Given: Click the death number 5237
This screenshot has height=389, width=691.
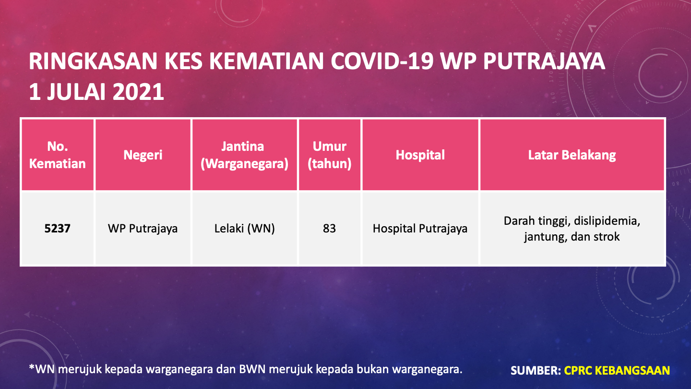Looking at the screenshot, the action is [58, 229].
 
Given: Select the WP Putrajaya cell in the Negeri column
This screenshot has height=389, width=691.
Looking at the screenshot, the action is [143, 229].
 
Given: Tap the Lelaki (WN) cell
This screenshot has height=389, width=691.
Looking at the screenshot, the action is [245, 229].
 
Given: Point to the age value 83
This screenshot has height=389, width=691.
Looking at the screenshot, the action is [330, 229].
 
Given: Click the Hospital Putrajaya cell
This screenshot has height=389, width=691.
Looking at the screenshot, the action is [420, 229].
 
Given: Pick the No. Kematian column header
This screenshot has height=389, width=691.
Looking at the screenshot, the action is [58, 155].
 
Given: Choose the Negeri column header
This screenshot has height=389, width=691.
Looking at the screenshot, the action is [143, 155].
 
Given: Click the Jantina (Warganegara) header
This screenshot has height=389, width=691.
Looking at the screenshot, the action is [245, 155].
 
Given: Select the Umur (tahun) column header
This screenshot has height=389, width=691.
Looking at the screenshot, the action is [330, 155].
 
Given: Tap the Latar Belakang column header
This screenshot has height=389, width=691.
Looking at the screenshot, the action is [572, 155].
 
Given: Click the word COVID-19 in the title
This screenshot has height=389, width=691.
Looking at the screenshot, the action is [382, 61].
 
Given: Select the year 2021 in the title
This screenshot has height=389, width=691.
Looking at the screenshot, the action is [138, 92].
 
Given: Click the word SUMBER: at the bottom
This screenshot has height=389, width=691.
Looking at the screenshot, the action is [536, 370].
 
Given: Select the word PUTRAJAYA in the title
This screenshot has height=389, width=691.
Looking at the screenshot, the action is [544, 61].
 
